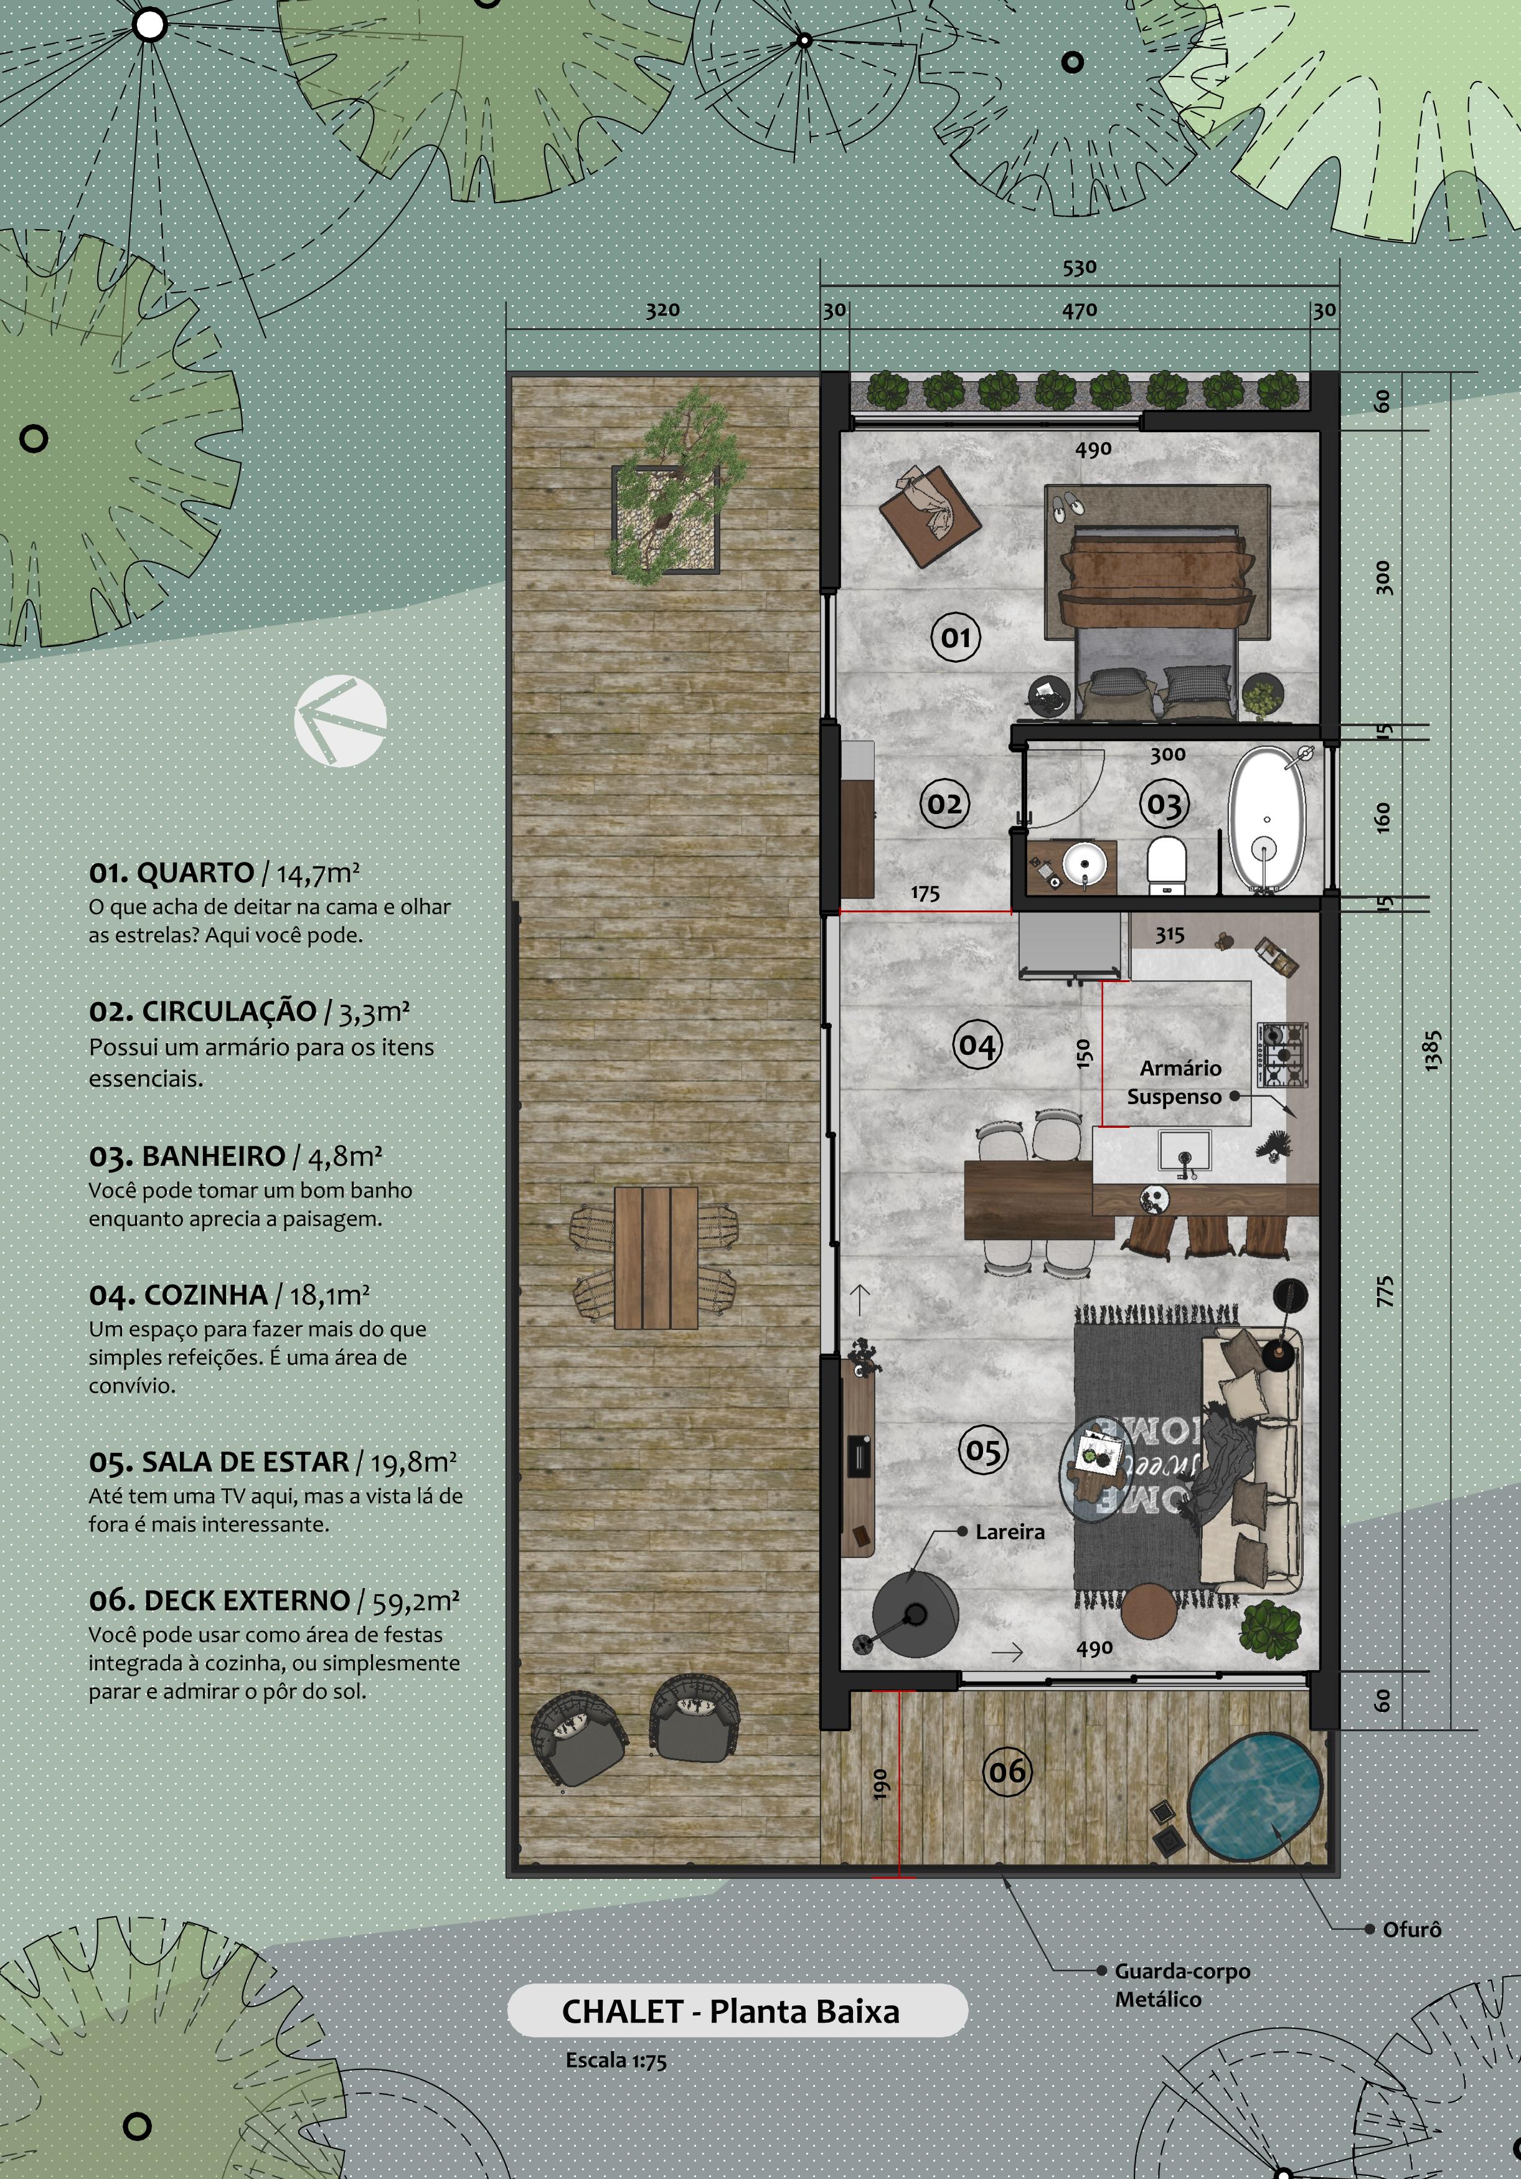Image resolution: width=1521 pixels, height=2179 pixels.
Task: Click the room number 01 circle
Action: (956, 637)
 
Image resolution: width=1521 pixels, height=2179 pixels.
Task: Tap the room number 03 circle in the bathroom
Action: (1164, 805)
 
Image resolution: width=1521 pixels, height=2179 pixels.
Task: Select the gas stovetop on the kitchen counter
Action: (1283, 1054)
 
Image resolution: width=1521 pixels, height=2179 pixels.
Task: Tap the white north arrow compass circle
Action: (341, 721)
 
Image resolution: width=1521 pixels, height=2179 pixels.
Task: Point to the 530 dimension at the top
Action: (1080, 268)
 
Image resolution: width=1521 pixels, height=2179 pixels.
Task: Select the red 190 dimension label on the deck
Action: (880, 1784)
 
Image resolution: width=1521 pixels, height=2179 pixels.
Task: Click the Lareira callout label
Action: (1010, 1531)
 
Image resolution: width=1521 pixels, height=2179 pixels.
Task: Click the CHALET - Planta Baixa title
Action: (730, 2011)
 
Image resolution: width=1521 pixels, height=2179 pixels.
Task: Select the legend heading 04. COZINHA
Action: (179, 1295)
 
